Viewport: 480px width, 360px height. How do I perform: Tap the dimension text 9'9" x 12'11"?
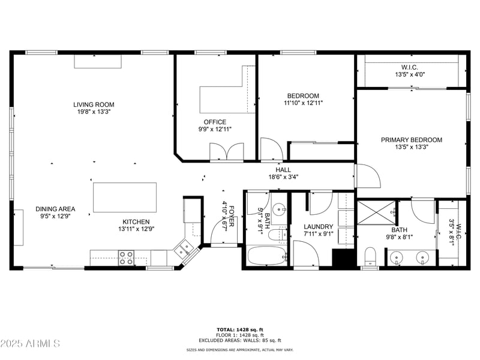point(215,129)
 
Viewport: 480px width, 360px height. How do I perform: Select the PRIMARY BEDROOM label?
point(411,140)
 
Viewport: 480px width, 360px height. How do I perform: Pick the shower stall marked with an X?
point(376,213)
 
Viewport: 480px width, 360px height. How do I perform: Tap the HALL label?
point(283,170)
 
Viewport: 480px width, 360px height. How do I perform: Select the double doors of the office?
point(227,151)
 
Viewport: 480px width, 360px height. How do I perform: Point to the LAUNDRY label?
point(318,227)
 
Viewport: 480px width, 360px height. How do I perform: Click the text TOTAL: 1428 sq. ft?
point(239,329)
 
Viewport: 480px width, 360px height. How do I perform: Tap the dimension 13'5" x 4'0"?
point(411,75)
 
